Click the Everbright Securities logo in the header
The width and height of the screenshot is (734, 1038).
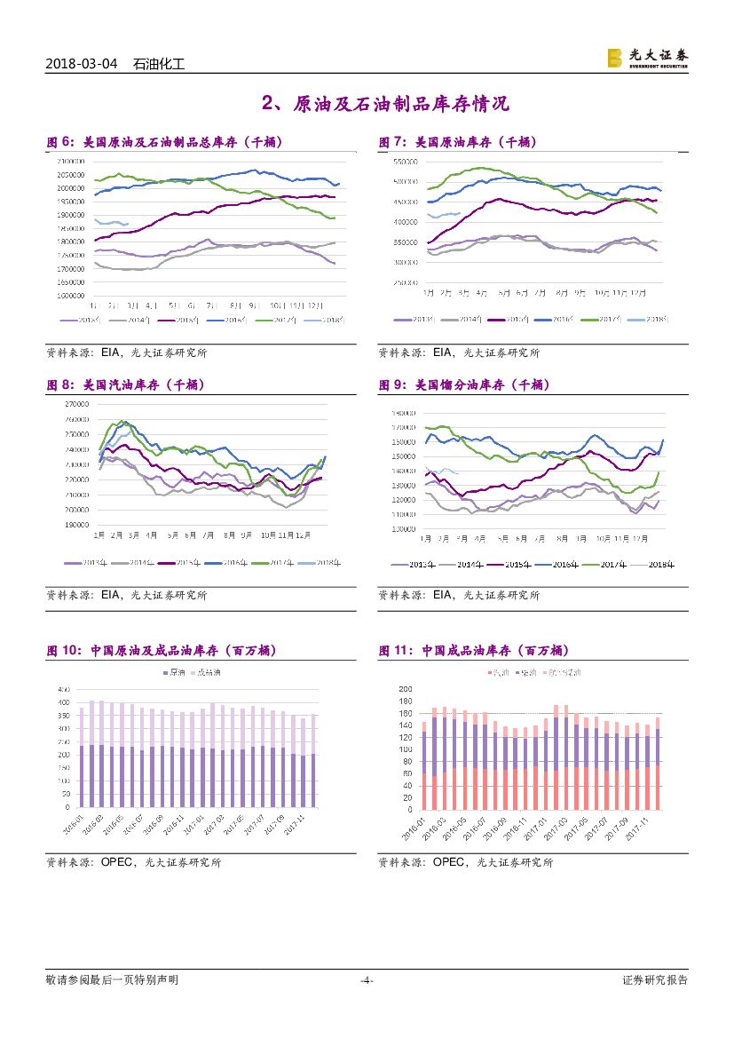click(x=647, y=58)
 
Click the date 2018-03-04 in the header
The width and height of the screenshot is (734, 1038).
click(x=81, y=64)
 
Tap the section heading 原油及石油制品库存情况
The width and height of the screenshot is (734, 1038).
click(x=386, y=105)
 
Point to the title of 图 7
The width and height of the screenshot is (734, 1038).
click(x=458, y=142)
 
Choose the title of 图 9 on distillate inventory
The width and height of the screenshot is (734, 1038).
click(x=464, y=384)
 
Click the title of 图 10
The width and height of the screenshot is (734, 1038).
click(x=162, y=651)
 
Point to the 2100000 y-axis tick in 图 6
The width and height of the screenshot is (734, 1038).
click(x=70, y=161)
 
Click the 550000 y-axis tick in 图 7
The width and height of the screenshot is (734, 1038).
click(x=406, y=162)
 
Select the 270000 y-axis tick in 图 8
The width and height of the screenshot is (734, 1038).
click(x=77, y=404)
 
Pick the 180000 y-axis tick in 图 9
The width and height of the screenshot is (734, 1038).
click(x=406, y=413)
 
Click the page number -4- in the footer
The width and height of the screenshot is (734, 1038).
click(x=366, y=980)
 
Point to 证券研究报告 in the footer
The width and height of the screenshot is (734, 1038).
click(x=655, y=980)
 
